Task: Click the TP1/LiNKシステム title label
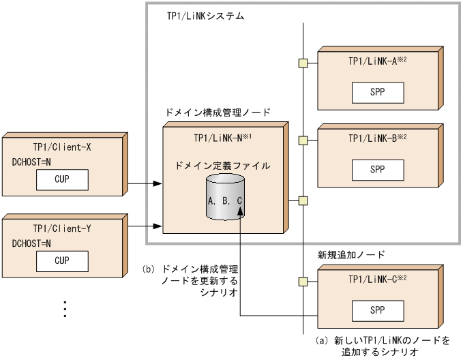pyautogui.click(x=205, y=15)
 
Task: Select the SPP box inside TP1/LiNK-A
pyautogui.click(x=377, y=91)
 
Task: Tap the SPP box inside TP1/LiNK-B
pyautogui.click(x=377, y=168)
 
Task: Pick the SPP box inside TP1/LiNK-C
pyautogui.click(x=377, y=310)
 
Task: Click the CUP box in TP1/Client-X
pyautogui.click(x=62, y=181)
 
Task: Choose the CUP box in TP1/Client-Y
pyautogui.click(x=62, y=260)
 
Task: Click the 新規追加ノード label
pyautogui.click(x=351, y=254)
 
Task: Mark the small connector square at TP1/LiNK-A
pyautogui.click(x=303, y=64)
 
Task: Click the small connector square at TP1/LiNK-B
pyautogui.click(x=303, y=141)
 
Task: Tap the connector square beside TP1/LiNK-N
pyautogui.click(x=303, y=200)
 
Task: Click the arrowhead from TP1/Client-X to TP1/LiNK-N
pyautogui.click(x=158, y=183)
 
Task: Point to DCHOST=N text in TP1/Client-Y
pyautogui.click(x=31, y=243)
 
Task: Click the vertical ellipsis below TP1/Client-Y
pyautogui.click(x=65, y=307)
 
